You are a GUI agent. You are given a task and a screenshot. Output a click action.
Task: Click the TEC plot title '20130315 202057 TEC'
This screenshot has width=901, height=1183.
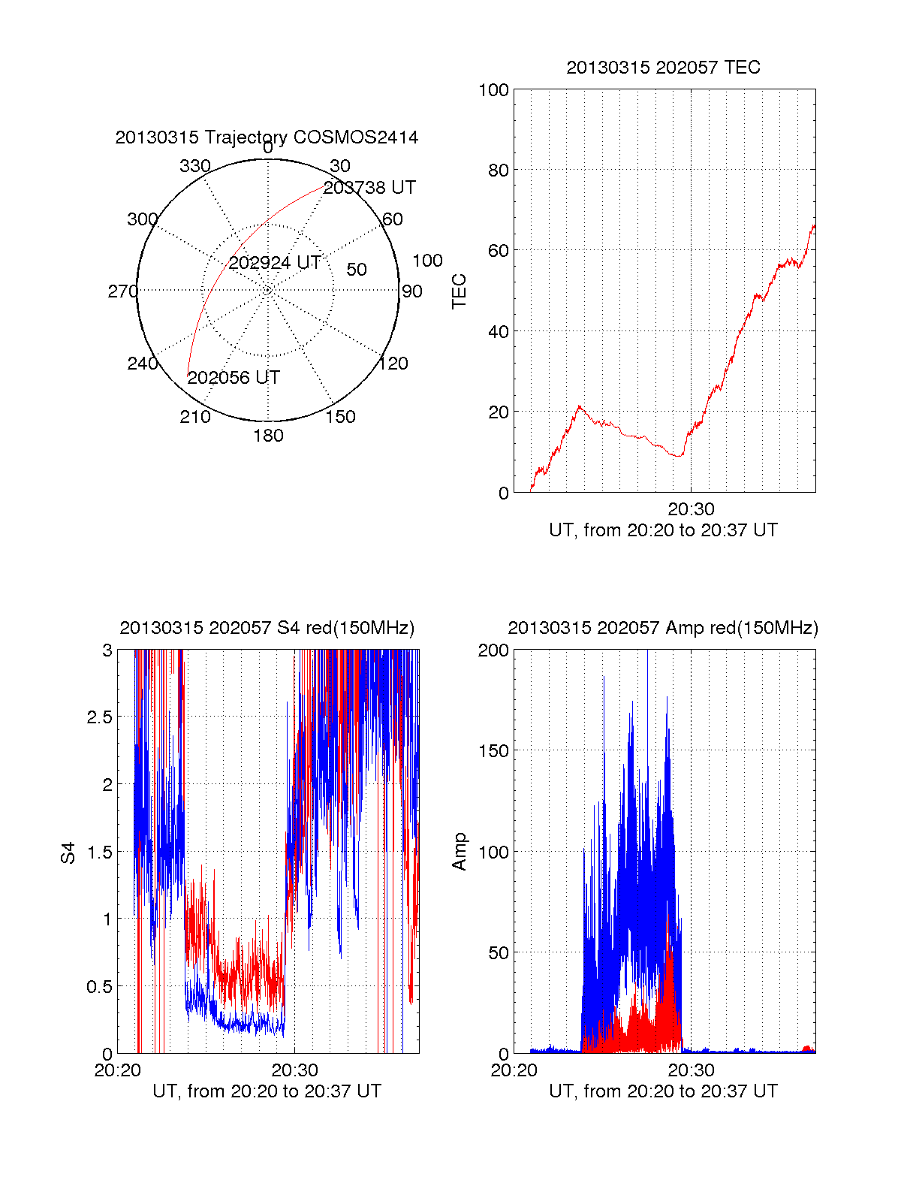663,68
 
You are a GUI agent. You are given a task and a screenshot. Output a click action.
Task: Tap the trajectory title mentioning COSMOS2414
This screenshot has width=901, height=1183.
267,137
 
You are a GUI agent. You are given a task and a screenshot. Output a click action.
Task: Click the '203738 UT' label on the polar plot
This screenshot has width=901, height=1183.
369,188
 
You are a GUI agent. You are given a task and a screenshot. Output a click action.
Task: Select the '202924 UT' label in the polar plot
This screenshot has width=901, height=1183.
275,263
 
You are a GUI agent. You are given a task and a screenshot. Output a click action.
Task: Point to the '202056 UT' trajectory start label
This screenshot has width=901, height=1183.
234,378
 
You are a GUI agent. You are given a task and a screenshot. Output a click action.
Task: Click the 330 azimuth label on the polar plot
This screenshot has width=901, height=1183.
195,166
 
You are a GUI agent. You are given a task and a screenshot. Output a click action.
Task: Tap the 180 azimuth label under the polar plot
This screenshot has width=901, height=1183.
268,436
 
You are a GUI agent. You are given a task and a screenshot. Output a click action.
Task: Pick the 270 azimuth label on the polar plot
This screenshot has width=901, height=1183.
123,291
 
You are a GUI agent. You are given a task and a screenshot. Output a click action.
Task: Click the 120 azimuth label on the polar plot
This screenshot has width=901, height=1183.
393,364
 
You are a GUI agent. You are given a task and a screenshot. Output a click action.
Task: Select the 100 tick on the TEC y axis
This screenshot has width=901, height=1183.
493,90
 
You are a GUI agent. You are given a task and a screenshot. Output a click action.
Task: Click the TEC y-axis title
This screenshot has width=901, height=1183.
460,291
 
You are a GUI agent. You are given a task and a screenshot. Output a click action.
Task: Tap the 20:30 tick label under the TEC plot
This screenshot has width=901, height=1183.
691,509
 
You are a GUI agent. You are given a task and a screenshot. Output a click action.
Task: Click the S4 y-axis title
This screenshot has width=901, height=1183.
68,853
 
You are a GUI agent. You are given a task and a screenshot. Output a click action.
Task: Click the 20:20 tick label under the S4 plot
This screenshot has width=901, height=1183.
118,1070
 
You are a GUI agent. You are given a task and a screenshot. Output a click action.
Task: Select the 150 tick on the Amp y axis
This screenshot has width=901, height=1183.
493,751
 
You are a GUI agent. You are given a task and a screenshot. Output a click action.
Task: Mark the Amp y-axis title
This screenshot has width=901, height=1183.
460,852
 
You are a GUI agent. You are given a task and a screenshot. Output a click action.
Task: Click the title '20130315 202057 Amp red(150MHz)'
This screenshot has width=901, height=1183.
663,628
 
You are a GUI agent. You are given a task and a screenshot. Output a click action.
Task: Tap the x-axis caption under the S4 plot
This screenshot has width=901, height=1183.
267,1091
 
